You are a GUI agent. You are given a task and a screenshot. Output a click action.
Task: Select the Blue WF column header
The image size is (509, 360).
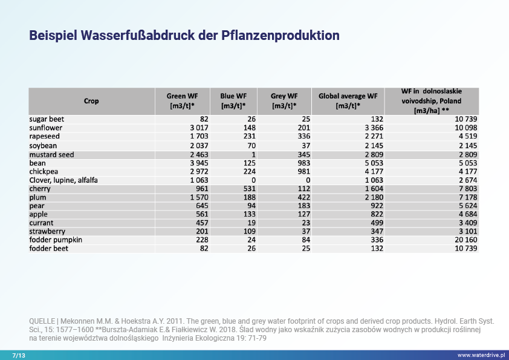(233, 100)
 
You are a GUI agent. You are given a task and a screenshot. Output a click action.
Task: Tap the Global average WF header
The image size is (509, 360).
(348, 100)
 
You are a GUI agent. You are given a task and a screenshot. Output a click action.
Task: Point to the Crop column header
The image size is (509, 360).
(91, 101)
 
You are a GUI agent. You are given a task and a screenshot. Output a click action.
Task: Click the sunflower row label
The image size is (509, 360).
(46, 128)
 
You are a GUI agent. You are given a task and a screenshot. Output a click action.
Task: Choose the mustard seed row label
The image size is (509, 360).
(51, 154)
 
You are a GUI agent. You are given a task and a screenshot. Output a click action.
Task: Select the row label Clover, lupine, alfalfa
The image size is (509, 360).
(63, 180)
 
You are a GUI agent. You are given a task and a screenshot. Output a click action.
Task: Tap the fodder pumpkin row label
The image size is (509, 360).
(56, 240)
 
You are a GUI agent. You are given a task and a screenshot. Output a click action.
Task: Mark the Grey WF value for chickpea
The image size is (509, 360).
(302, 172)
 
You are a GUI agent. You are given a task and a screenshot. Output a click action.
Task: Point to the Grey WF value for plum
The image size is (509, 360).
(302, 197)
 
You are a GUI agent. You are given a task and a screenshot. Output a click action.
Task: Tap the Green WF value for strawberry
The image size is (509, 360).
(201, 231)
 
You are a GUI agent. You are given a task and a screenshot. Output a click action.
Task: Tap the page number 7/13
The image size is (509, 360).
(19, 355)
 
